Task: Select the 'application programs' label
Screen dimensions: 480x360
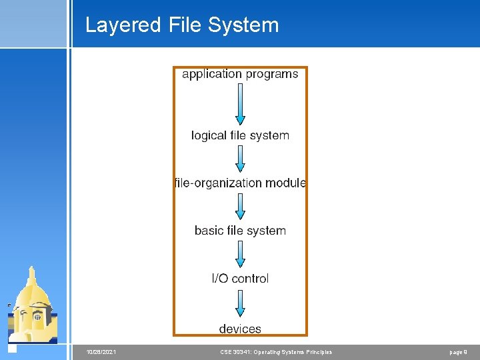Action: (x=240, y=74)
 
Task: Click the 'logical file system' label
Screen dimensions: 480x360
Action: (x=240, y=135)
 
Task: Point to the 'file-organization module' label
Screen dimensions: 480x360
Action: (x=240, y=183)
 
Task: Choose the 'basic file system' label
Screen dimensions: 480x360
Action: (x=240, y=231)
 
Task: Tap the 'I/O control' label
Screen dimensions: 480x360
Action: (x=240, y=279)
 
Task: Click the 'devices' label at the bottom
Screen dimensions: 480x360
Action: (x=240, y=329)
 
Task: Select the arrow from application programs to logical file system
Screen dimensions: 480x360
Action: (x=240, y=104)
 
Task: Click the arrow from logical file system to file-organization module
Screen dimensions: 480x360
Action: (x=240, y=159)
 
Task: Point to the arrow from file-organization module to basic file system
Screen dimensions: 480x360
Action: (x=240, y=206)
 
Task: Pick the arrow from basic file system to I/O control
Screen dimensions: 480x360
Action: (x=240, y=254)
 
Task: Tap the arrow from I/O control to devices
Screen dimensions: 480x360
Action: (x=240, y=303)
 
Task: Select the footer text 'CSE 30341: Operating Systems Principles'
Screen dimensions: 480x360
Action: (x=276, y=352)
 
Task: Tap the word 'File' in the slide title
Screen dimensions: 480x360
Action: (x=185, y=25)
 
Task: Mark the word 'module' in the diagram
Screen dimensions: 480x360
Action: (x=285, y=183)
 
